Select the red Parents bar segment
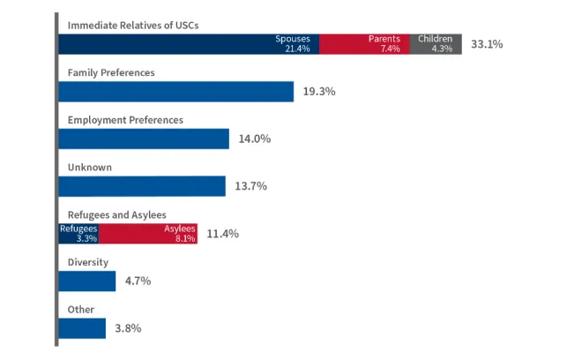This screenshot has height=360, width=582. tap(363, 44)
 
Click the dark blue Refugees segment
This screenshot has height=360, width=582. tap(78, 233)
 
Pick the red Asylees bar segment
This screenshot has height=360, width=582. tap(148, 233)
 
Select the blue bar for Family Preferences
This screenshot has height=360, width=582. tap(175, 92)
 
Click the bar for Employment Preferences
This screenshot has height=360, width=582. tap(144, 139)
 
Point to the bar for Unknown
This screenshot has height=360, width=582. tap(142, 186)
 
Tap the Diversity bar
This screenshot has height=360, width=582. tap(87, 281)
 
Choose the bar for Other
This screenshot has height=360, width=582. tap(82, 328)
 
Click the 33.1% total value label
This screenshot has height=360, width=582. tap(487, 44)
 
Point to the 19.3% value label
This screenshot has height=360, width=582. tap(319, 92)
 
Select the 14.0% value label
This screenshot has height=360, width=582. tap(254, 139)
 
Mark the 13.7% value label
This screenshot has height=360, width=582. tap(250, 186)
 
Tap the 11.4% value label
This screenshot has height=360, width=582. tap(222, 234)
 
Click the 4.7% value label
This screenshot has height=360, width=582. tap(138, 281)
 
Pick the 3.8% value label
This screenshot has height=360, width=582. tap(128, 328)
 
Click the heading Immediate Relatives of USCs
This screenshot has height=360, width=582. tap(133, 25)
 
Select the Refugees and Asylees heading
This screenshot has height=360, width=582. tap(117, 214)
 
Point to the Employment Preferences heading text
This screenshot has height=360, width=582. tap(125, 119)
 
